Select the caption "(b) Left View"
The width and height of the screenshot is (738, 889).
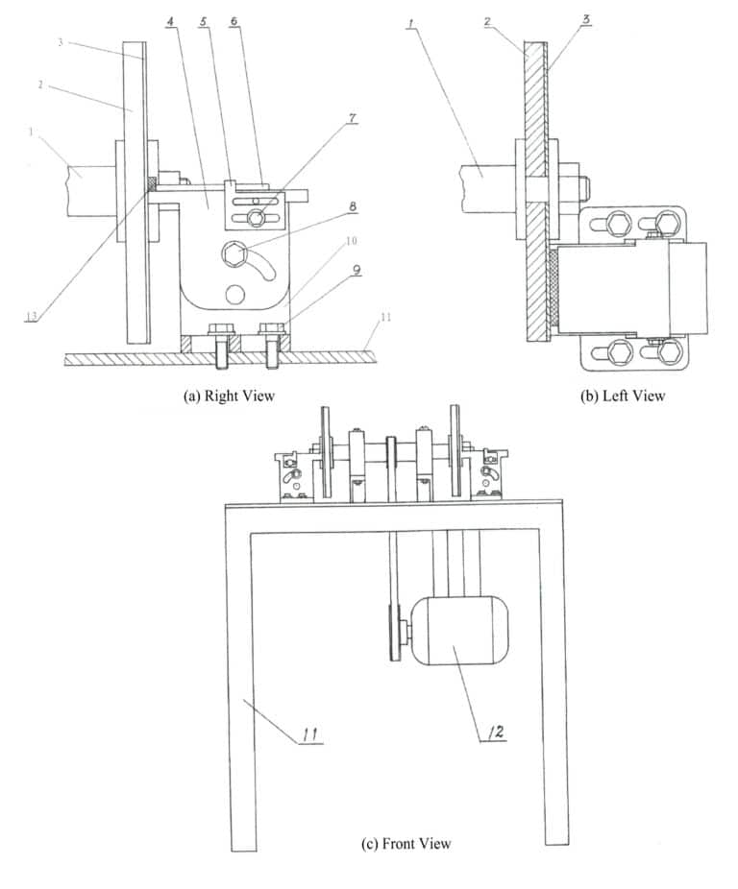[x=623, y=395]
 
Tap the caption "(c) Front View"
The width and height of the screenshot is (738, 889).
[x=406, y=844]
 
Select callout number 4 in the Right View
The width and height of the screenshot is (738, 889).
[x=169, y=19]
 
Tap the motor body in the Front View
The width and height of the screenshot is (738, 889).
[x=459, y=630]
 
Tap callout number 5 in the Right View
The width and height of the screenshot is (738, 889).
[x=204, y=19]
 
